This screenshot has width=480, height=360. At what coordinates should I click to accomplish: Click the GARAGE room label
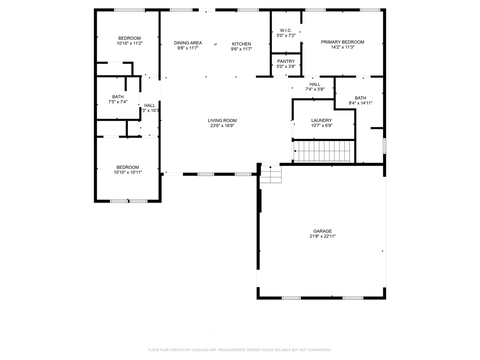click(x=322, y=231)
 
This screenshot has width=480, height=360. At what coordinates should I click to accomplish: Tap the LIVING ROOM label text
click(x=222, y=120)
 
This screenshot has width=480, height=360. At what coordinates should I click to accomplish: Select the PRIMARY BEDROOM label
click(x=343, y=42)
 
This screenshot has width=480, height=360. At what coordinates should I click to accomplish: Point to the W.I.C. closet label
click(x=286, y=30)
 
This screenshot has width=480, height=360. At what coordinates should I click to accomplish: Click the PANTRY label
click(x=286, y=61)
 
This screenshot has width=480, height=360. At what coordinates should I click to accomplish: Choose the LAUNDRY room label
click(x=322, y=120)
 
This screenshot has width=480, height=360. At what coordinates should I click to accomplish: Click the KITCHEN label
click(x=242, y=44)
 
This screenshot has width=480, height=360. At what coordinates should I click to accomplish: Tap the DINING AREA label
click(x=188, y=43)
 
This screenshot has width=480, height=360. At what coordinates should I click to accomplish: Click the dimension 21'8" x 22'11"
click(x=322, y=236)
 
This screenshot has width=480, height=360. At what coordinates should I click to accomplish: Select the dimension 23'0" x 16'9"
click(x=222, y=126)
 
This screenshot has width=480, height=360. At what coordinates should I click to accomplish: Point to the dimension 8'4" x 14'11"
click(x=360, y=103)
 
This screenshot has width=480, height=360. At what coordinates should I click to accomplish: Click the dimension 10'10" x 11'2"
click(x=129, y=43)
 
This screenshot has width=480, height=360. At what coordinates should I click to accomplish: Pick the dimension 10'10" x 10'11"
click(x=128, y=172)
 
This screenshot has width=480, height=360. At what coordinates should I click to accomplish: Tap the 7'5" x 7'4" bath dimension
click(x=118, y=102)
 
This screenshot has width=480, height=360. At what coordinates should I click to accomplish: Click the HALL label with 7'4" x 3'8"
click(x=315, y=84)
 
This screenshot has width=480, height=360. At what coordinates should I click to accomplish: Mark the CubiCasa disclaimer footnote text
click(x=240, y=350)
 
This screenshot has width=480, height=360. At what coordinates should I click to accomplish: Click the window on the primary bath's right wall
click(x=384, y=146)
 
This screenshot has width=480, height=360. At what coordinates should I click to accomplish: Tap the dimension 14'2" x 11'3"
click(x=343, y=47)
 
